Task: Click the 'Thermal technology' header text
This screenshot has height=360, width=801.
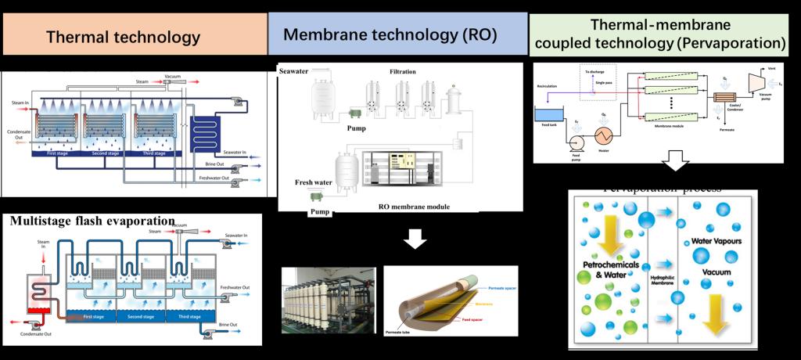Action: pyautogui.click(x=123, y=37)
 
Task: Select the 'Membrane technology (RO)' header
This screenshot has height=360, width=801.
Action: pyautogui.click(x=390, y=34)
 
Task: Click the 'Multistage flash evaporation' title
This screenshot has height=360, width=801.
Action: pyautogui.click(x=92, y=220)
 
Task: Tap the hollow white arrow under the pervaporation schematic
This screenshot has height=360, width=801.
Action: pyautogui.click(x=675, y=164)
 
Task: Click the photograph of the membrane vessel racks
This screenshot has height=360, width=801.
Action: pyautogui.click(x=329, y=301)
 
